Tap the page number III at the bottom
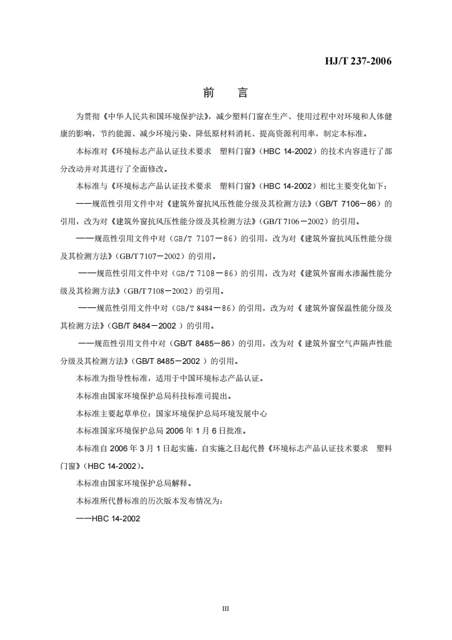click(225, 609)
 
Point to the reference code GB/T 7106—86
click(354, 203)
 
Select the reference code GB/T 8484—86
click(205, 309)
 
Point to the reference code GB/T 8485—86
click(205, 344)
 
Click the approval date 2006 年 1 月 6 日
click(200, 431)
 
